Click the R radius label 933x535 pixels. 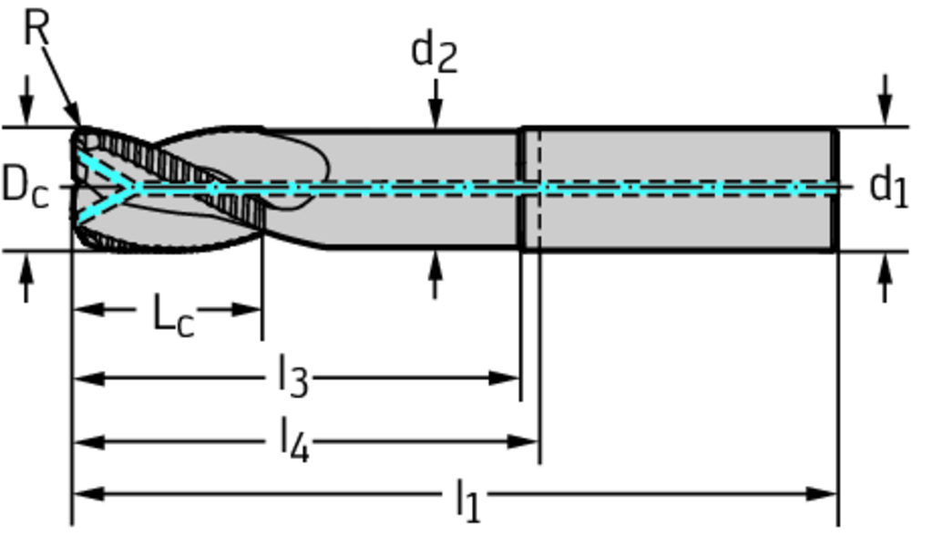[35, 28]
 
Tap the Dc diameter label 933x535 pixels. [25, 187]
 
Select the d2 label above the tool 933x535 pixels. [434, 53]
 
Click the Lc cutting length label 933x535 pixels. [173, 315]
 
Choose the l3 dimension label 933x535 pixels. [292, 377]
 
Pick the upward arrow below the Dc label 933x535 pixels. [26, 266]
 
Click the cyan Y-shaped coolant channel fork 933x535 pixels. [114, 187]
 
